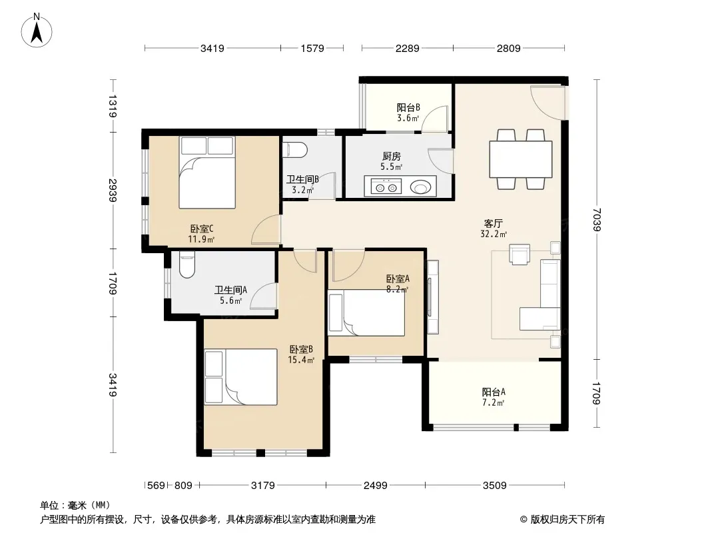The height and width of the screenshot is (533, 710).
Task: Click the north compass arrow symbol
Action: pos(37,31)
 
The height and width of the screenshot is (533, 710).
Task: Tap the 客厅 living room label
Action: pos(493,223)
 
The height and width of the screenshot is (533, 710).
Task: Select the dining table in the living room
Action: pos(521,159)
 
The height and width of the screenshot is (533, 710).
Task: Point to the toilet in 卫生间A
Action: pos(186,265)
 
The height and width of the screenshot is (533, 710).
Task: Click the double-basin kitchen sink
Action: pos(386,186)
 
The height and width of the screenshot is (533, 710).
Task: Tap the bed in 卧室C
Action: pos(207,173)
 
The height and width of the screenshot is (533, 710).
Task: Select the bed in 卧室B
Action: pos(240,377)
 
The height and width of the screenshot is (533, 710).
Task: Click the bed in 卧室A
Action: pos(366,313)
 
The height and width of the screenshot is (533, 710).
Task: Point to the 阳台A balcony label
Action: pos(493,392)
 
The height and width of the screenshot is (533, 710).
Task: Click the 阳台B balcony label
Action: pos(408,107)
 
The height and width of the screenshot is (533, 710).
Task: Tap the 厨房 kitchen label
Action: pos(391,156)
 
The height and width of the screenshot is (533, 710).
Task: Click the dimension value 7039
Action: pos(597,219)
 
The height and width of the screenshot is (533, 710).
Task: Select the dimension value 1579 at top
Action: pos(312,48)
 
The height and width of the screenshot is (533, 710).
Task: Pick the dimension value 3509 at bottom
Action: pos(494,486)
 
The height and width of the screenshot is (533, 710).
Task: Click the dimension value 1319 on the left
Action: pos(112,106)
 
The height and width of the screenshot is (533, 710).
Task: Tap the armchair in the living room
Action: pos(520,254)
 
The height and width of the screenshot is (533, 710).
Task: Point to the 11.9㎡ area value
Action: pos(201,239)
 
